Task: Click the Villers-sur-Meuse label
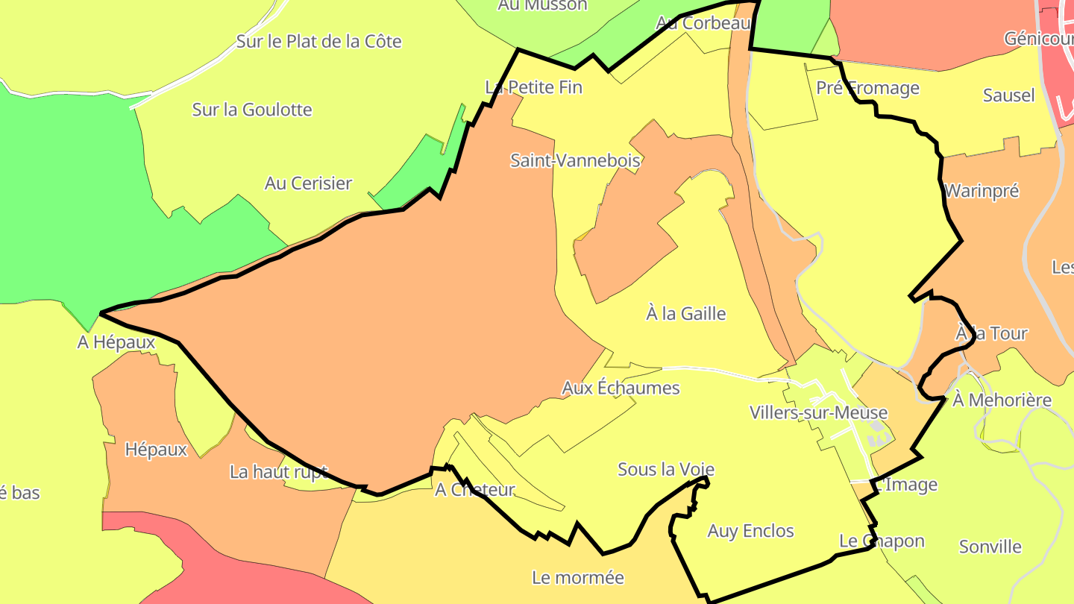coord(818,412)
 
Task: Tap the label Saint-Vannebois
coord(575,160)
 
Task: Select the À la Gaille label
coord(685,313)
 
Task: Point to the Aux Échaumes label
coord(621,388)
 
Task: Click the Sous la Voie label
coord(666,469)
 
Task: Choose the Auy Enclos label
coord(750,531)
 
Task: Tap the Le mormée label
coord(578,577)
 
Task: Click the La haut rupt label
coord(278,471)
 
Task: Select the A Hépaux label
coord(116,342)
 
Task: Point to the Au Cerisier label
coord(308,183)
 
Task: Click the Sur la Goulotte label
coord(252,110)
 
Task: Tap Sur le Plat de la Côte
coord(318,41)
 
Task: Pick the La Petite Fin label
coord(533,87)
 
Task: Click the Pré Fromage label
coord(867,88)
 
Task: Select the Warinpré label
coord(982,191)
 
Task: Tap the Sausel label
coord(1008,95)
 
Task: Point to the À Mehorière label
coord(1002,400)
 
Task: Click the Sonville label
coord(990,547)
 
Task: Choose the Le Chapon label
coord(882,541)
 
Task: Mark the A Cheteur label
coord(475,490)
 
